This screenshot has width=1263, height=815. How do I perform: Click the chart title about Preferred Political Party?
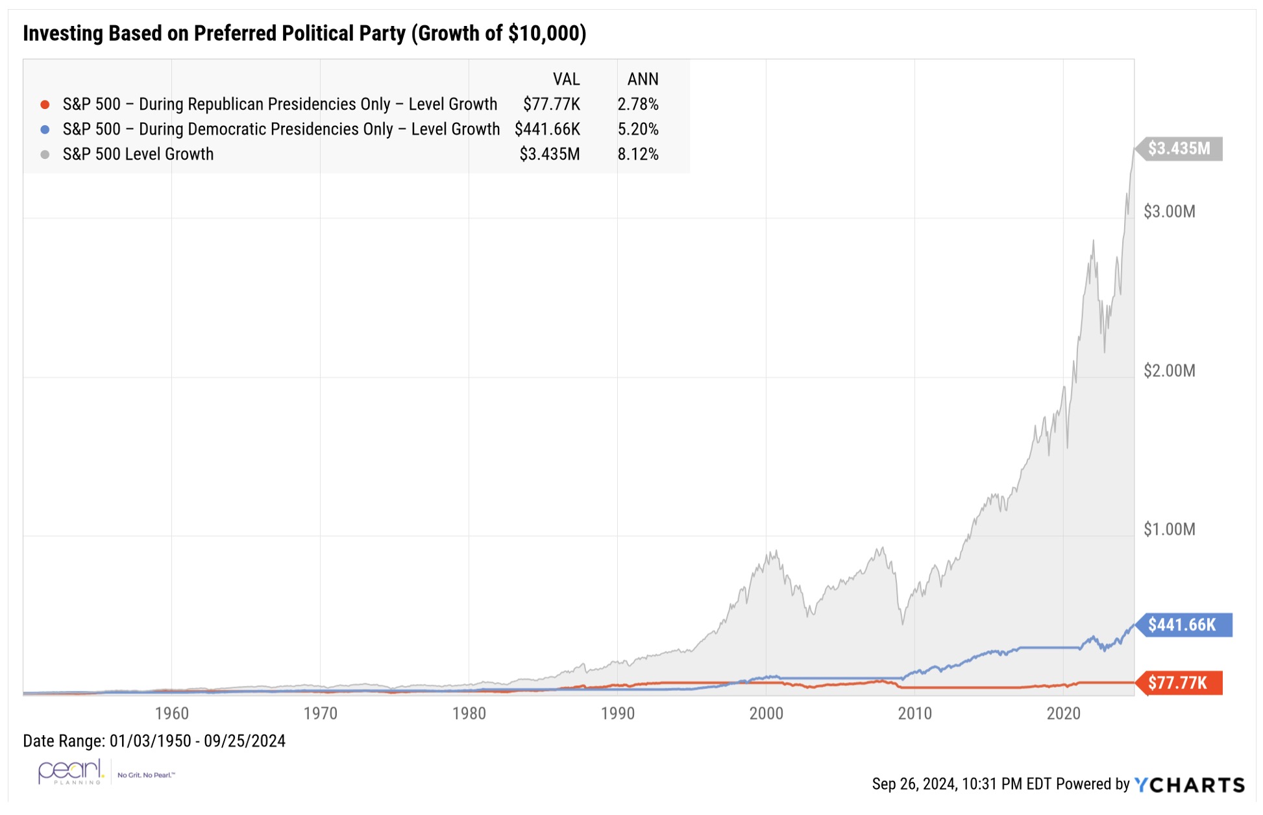(x=304, y=33)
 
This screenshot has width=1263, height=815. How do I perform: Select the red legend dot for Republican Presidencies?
(x=45, y=104)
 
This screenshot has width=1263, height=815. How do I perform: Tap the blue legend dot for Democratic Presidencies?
(x=45, y=129)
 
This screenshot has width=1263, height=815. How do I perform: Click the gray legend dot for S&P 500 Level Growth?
(x=45, y=154)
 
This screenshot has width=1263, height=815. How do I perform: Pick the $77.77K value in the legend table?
(x=552, y=104)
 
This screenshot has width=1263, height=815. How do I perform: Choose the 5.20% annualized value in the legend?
(x=637, y=129)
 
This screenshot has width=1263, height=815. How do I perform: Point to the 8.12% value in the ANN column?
(x=637, y=154)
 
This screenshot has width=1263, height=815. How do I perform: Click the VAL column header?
(x=566, y=79)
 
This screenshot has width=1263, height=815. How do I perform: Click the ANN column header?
(x=643, y=79)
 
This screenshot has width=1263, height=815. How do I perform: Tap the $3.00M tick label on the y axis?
(x=1169, y=212)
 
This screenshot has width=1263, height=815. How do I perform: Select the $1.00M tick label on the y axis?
(x=1169, y=529)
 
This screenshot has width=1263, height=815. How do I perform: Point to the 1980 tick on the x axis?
(x=469, y=714)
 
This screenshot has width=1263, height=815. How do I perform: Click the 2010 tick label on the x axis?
(x=914, y=714)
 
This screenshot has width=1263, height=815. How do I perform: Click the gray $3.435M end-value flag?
(x=1179, y=149)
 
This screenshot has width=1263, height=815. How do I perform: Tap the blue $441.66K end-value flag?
(x=1183, y=625)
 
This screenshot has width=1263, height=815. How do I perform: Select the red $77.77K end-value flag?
(x=1178, y=683)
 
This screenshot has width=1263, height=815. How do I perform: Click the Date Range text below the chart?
(x=154, y=741)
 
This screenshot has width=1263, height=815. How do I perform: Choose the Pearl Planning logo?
(x=71, y=772)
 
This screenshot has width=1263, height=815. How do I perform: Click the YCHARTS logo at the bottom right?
(x=1189, y=785)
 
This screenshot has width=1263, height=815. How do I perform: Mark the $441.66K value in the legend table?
(x=547, y=129)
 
